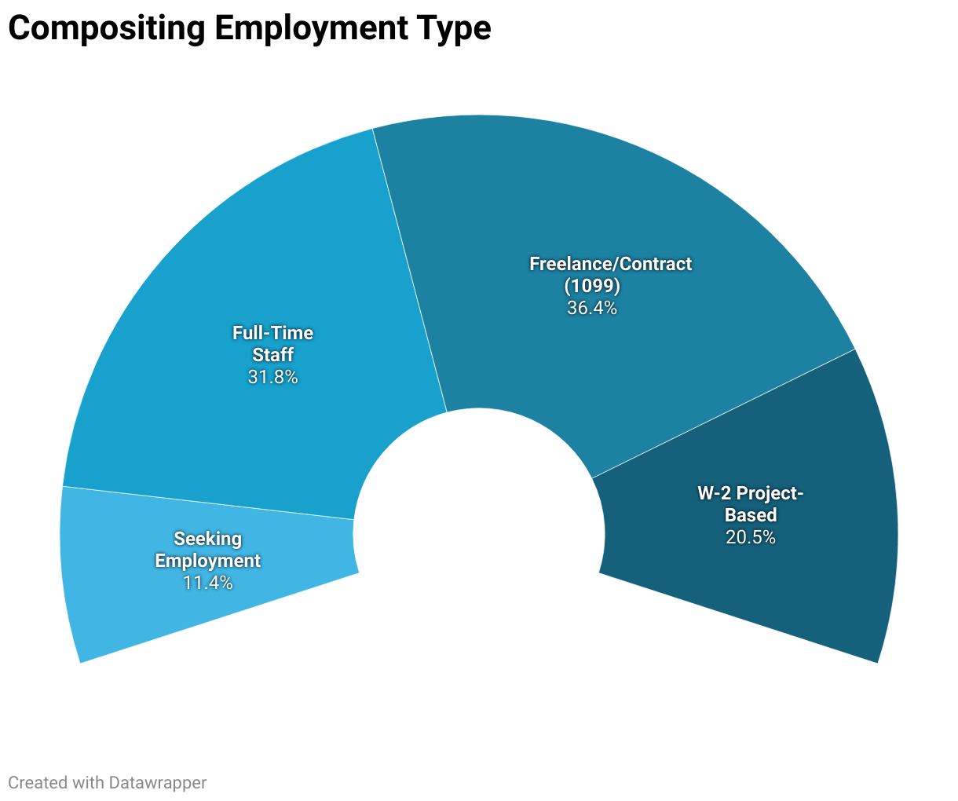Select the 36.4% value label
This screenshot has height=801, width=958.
tap(592, 308)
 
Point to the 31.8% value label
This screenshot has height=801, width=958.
tap(272, 377)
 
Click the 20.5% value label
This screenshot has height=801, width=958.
tap(751, 537)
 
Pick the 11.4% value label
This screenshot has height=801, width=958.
tap(207, 583)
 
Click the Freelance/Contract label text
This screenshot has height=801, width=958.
tap(610, 264)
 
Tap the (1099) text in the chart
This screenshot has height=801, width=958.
tap(592, 285)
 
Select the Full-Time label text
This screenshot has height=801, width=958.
tap(272, 333)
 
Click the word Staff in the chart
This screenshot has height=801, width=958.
tap(272, 355)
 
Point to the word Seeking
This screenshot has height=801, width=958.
tap(207, 539)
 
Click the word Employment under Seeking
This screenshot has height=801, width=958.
tap(207, 561)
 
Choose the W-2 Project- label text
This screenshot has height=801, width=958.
tap(751, 493)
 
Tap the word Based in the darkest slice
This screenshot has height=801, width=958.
tap(751, 515)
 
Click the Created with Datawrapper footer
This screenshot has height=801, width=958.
tap(108, 782)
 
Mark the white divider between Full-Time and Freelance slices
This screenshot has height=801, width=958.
tap(408, 267)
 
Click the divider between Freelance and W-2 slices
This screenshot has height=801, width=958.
tap(722, 413)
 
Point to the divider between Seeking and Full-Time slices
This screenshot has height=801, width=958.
tap(208, 503)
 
